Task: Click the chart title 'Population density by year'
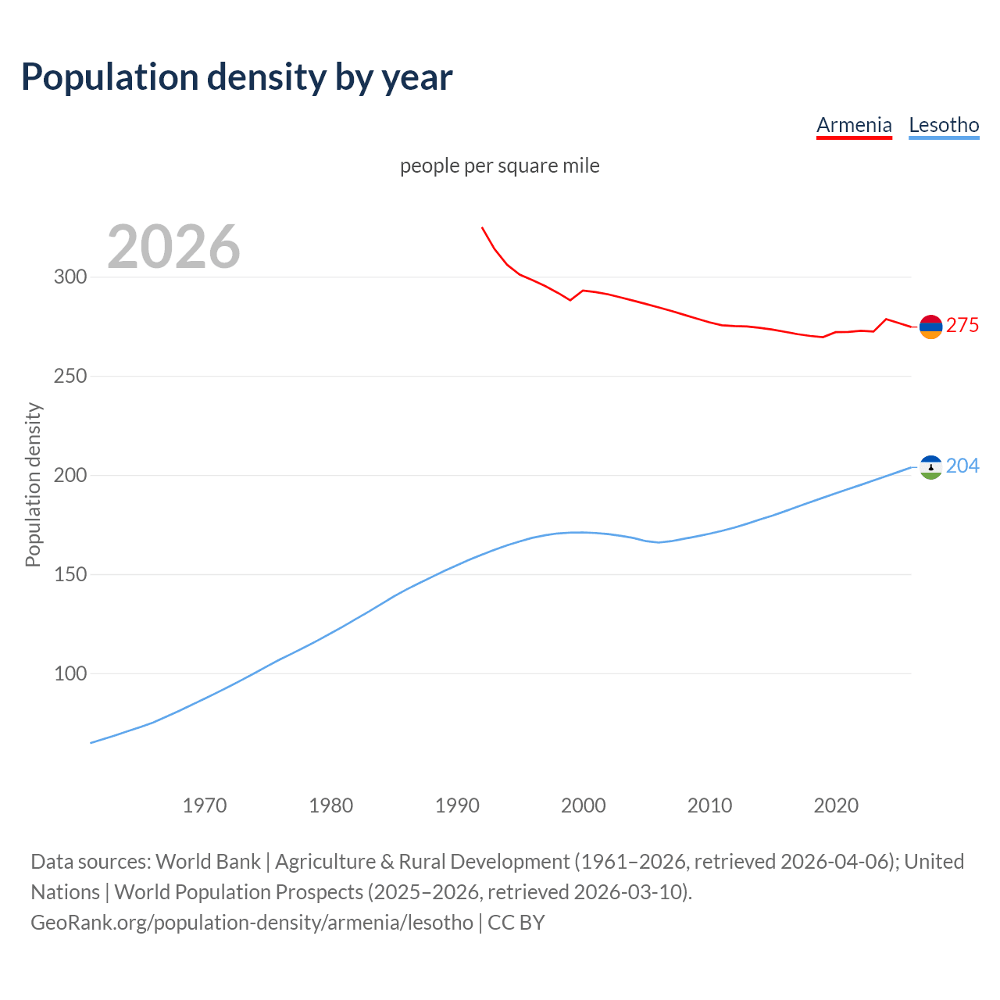coord(237,77)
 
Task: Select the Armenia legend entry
coord(854,125)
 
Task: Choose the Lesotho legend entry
coord(944,125)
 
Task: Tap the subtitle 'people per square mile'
coord(499,166)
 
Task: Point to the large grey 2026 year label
coord(173,247)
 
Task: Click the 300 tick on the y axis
coord(70,277)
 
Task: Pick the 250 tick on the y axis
coord(70,377)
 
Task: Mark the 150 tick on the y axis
coord(70,575)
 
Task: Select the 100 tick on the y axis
coord(70,673)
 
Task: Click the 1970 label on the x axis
coord(205,805)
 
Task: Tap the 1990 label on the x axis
coord(457,805)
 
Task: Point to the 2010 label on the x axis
coord(709,805)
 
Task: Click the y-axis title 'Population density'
coord(33,484)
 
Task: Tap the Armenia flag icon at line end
coord(930,327)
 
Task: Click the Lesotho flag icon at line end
coord(930,467)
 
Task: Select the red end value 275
coord(962,326)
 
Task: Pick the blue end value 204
coord(962,466)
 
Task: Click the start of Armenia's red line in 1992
coord(482,227)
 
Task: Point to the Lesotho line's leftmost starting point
coord(91,742)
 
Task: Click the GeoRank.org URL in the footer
coord(252,923)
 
